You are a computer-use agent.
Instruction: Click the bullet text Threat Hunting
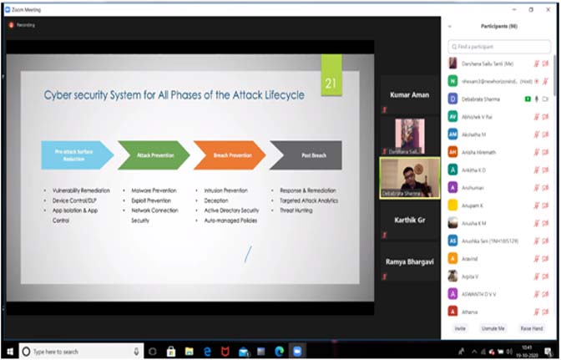(x=296, y=210)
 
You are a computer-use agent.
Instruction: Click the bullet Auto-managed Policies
(x=230, y=221)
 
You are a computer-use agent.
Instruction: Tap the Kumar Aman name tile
(x=409, y=95)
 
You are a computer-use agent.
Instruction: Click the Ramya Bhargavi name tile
(x=409, y=261)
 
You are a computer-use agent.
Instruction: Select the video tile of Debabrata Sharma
(x=409, y=178)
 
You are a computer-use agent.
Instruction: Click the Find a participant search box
(x=499, y=47)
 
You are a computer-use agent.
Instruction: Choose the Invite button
(x=460, y=328)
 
